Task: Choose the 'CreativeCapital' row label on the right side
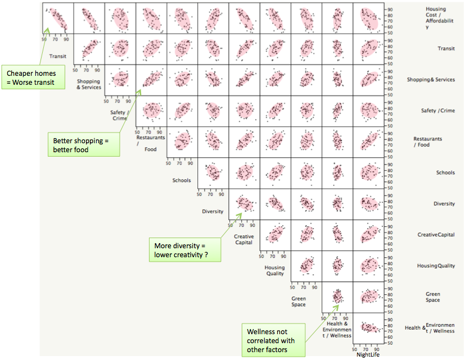[436, 235]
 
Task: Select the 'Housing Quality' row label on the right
[436, 266]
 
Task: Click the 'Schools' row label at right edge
[445, 173]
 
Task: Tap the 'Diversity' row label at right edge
[444, 204]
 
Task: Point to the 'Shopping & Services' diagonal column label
[89, 84]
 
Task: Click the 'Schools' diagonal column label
[182, 180]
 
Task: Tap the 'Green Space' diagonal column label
[298, 301]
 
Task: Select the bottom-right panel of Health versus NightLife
[368, 327]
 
